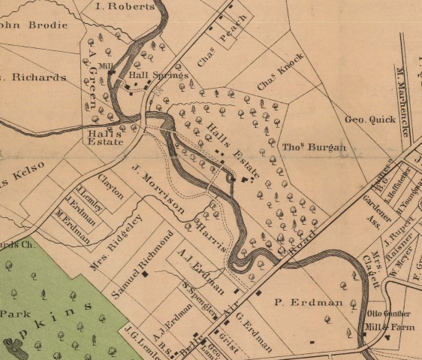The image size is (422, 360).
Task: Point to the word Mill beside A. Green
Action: [x=105, y=67]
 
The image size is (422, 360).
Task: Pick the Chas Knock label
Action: [x=280, y=73]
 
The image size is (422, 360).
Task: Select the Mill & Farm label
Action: [x=388, y=328]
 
